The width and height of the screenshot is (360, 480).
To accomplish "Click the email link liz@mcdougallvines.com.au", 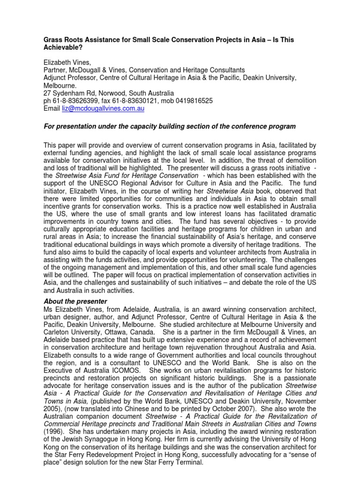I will click(x=103, y=108).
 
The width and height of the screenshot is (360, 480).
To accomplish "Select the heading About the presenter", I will click(x=75, y=301).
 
